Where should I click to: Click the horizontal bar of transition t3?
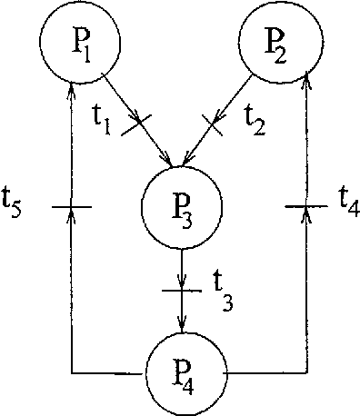click(x=184, y=291)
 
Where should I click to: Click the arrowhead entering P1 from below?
click(x=71, y=88)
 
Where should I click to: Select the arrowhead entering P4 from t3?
click(x=184, y=324)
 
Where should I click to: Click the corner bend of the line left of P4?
click(x=71, y=372)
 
